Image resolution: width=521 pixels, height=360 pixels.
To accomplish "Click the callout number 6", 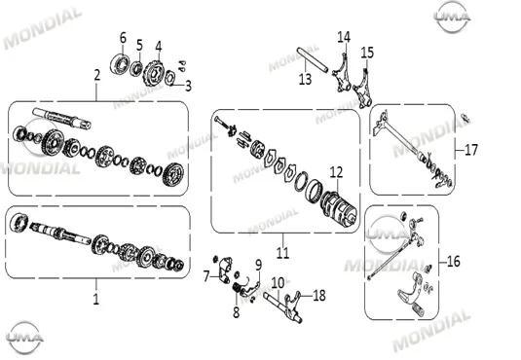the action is [123, 38].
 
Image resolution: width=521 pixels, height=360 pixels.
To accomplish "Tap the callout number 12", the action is [336, 172].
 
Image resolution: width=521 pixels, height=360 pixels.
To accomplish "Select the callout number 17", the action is [470, 150].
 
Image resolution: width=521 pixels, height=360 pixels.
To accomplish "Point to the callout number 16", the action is [454, 262].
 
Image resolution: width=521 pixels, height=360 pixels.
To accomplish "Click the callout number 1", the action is [96, 300].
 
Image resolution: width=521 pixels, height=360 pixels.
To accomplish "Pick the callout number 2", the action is [96, 75].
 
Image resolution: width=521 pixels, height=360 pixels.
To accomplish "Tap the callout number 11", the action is [282, 253].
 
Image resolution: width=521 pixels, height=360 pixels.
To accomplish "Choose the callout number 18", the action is [319, 296].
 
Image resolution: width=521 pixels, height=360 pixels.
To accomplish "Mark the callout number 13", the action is [305, 80].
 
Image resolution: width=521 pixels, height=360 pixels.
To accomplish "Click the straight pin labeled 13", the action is [313, 59].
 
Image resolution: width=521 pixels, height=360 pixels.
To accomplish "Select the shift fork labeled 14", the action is [342, 74].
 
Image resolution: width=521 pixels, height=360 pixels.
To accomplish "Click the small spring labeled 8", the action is [237, 288].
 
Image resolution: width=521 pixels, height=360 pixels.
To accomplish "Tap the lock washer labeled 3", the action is [169, 78].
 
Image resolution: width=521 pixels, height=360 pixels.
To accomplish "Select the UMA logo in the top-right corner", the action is [452, 17].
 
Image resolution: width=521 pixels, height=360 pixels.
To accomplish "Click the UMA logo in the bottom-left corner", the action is [25, 338].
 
